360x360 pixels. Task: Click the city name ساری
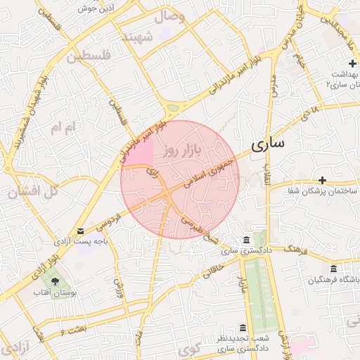click(x=267, y=144)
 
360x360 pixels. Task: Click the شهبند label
click(x=138, y=38)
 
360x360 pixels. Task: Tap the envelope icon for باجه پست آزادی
click(x=79, y=231)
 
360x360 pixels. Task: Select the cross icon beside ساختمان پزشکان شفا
click(x=323, y=181)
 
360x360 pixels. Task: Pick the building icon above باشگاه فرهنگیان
click(x=333, y=269)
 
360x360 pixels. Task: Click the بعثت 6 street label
click(x=73, y=330)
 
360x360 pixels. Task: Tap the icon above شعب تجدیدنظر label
click(x=243, y=328)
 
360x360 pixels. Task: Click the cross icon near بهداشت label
click(x=352, y=63)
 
